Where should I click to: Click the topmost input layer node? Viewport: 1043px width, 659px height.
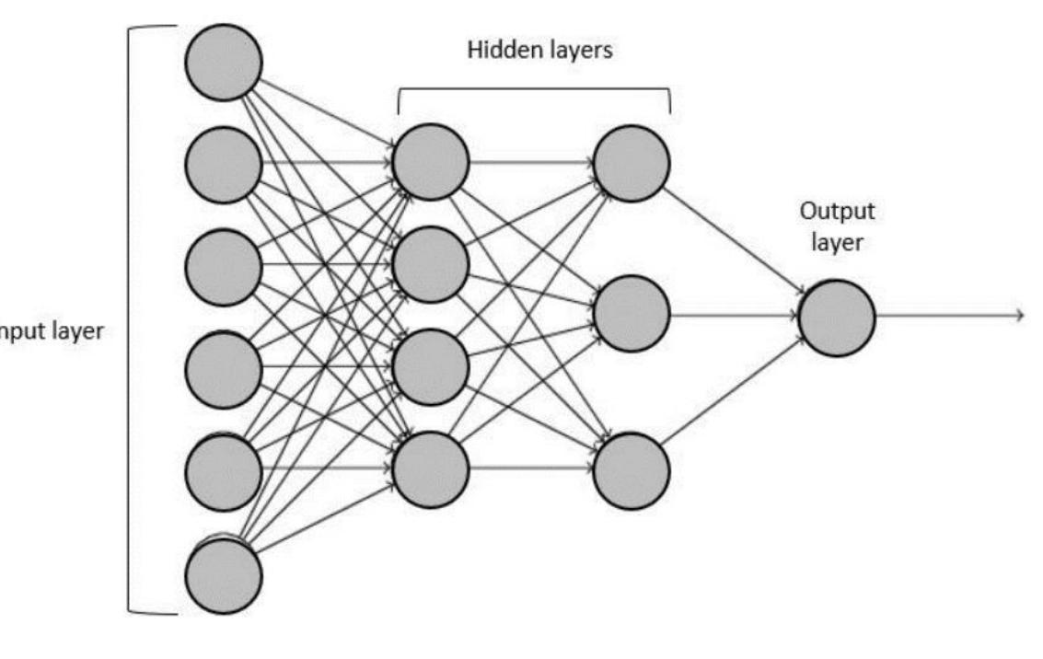(x=224, y=62)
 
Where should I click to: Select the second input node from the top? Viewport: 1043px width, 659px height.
(x=224, y=165)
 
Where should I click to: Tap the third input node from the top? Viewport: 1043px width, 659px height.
(x=224, y=268)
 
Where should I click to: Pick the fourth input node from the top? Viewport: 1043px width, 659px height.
(x=224, y=371)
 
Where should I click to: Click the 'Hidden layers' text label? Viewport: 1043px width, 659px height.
(x=539, y=51)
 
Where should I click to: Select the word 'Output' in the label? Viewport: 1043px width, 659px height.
(x=836, y=211)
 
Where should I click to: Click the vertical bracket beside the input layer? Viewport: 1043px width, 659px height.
(x=130, y=318)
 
